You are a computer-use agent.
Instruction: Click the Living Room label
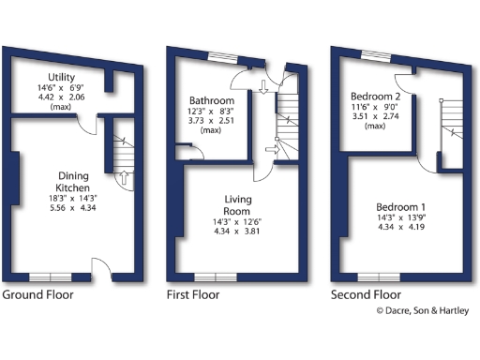point(238,205)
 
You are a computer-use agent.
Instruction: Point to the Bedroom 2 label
point(375,96)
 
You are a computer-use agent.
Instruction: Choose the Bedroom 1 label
point(400,207)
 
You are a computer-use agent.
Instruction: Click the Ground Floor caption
point(37,294)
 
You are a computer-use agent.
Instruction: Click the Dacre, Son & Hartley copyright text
point(422,311)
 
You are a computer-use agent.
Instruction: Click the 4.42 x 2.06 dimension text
point(62,97)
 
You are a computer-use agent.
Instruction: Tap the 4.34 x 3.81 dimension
point(238,230)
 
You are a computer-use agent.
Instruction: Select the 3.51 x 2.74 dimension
point(375,116)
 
